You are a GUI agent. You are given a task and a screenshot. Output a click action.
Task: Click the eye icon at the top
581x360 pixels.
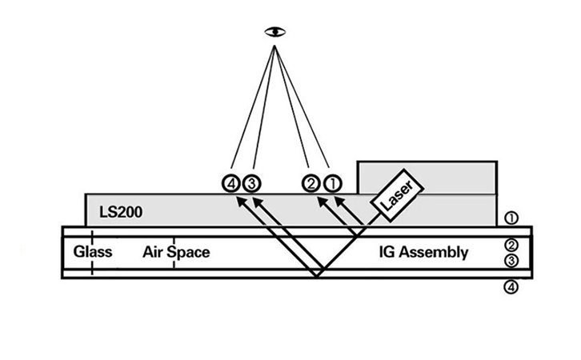[274, 31]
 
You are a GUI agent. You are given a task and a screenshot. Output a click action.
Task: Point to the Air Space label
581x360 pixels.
[176, 253]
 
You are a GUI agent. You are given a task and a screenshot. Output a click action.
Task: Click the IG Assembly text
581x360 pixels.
[423, 253]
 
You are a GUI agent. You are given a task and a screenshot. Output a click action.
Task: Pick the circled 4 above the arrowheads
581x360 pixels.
[232, 183]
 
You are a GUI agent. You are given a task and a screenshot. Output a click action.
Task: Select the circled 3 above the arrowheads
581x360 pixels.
[251, 183]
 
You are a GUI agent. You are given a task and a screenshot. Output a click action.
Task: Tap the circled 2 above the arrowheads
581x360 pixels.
[311, 183]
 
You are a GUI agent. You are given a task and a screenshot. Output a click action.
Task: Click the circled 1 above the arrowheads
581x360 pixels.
[331, 183]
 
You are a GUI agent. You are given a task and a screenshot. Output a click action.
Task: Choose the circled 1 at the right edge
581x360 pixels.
[513, 218]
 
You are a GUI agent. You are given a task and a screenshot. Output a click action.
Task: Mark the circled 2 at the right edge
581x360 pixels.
[513, 245]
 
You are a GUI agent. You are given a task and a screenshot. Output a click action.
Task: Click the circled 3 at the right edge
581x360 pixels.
[513, 260]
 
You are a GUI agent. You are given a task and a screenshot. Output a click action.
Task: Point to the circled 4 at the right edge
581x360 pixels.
[513, 286]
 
